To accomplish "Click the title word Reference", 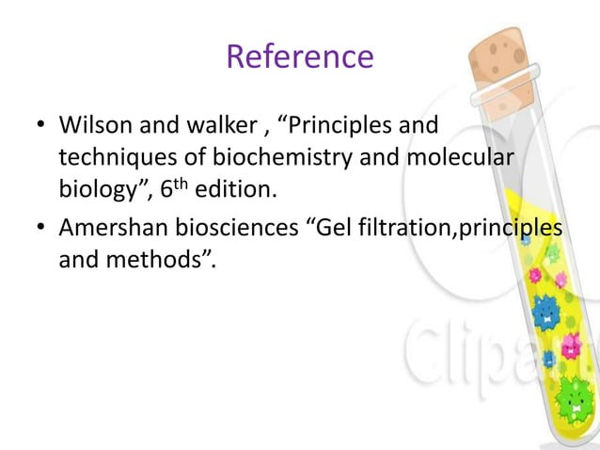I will (299, 57).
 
